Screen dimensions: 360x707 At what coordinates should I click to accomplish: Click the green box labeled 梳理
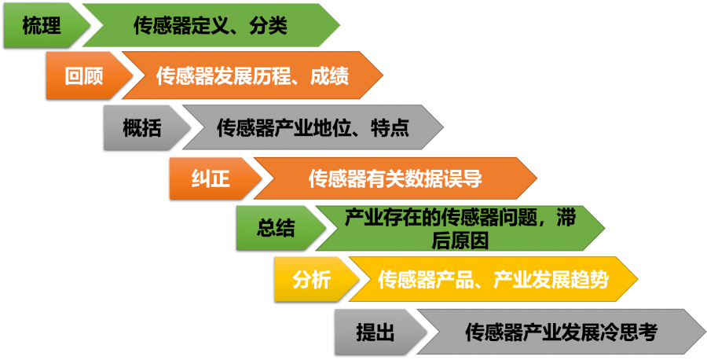[41, 26]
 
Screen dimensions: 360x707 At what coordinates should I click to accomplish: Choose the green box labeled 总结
[275, 229]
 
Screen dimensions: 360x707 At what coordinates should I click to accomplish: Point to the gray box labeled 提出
[375, 332]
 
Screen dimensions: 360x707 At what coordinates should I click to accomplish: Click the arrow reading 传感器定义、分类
[211, 26]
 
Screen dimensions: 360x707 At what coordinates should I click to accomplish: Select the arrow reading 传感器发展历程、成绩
[251, 76]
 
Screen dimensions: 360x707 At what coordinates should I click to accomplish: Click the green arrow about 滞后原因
[460, 229]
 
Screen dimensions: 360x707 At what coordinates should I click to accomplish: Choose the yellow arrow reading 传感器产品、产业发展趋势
[493, 280]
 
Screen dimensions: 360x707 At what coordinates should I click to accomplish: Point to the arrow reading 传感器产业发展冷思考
[561, 332]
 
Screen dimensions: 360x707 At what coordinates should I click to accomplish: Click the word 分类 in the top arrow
[269, 26]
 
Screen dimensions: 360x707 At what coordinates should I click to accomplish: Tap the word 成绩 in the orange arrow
[329, 76]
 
